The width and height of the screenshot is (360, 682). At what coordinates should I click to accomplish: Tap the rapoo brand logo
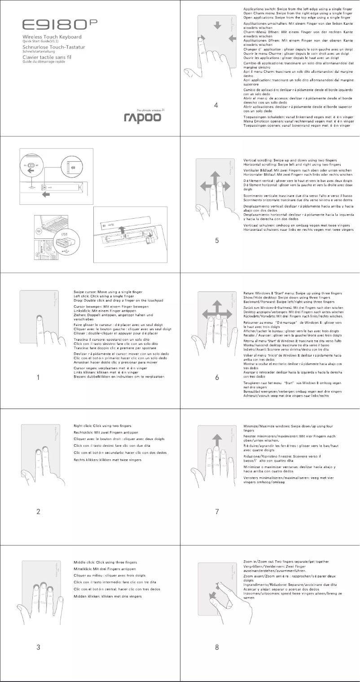(142, 118)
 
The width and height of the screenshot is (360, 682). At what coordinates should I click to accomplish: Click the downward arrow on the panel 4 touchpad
(218, 26)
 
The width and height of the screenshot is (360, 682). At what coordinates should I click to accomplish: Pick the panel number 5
(216, 240)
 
